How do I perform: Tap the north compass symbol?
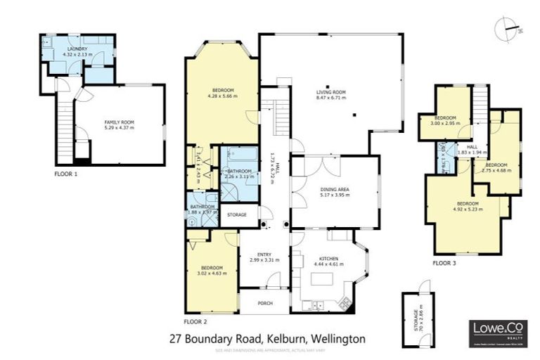pyautogui.click(x=509, y=28)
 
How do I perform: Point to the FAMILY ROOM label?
pyautogui.click(x=119, y=122)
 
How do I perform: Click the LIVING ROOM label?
pyautogui.click(x=330, y=92)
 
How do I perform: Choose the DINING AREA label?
pyautogui.click(x=335, y=189)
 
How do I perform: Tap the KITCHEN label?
pyautogui.click(x=328, y=259)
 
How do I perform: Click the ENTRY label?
pyautogui.click(x=264, y=255)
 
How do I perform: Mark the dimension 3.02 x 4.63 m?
pyautogui.click(x=212, y=274)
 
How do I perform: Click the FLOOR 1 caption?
pyautogui.click(x=66, y=173)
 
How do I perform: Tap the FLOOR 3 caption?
pyautogui.click(x=444, y=262)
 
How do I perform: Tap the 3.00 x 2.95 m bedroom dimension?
pyautogui.click(x=446, y=123)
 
